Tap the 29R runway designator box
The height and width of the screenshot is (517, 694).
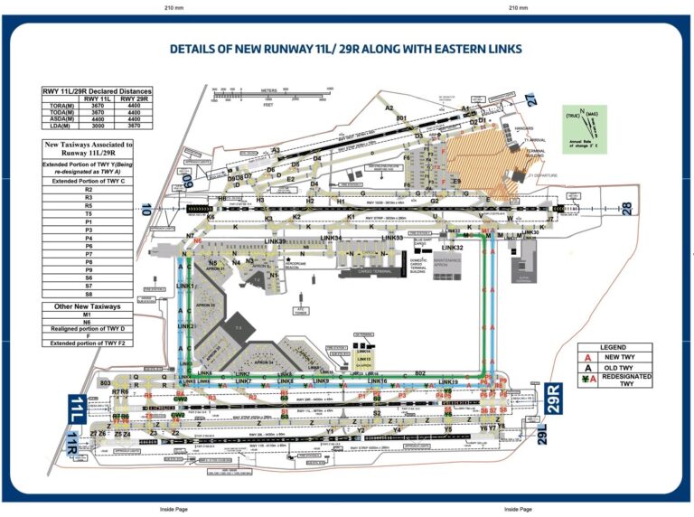click(x=558, y=398)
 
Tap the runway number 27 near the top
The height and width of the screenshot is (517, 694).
click(x=531, y=100)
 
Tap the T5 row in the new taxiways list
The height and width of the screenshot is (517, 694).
click(x=89, y=213)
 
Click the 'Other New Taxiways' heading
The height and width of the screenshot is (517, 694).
click(x=89, y=306)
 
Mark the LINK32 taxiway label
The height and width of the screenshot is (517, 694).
click(x=452, y=247)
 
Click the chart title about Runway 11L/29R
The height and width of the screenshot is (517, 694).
click(x=346, y=49)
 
